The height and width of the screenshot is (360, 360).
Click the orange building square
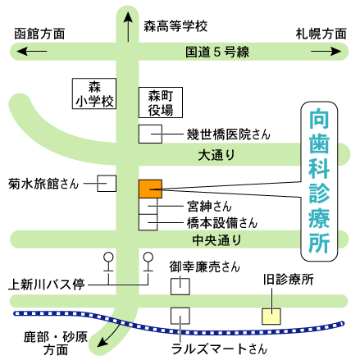(x=150, y=189)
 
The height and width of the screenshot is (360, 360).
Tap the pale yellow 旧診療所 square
(x=271, y=317)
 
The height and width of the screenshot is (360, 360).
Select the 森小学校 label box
(x=94, y=93)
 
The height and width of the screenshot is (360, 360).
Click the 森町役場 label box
(x=161, y=103)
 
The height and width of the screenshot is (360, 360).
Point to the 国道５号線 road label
(x=217, y=52)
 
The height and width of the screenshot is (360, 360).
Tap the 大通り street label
(x=216, y=155)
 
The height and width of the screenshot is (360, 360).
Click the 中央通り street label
(x=216, y=240)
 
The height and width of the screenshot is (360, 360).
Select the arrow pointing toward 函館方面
(x=32, y=51)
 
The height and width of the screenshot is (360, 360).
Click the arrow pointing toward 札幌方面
(x=326, y=51)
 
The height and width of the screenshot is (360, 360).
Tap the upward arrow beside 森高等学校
(x=128, y=26)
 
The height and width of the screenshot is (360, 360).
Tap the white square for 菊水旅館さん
(x=107, y=183)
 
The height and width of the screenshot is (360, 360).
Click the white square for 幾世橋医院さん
(x=150, y=134)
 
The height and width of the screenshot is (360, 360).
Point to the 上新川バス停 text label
(x=46, y=285)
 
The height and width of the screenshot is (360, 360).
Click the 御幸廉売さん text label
(x=204, y=267)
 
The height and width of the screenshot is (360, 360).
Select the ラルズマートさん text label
(x=219, y=349)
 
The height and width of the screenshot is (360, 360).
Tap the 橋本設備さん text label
(x=222, y=222)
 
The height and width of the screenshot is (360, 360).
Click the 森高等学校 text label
(x=175, y=26)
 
